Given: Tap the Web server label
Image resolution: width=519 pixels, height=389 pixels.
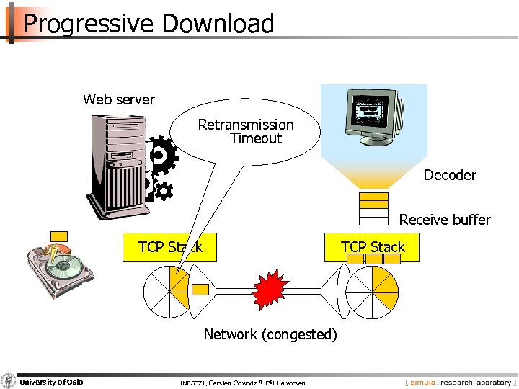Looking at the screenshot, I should pyautogui.click(x=118, y=99).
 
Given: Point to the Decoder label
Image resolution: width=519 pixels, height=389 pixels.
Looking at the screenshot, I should pyautogui.click(x=450, y=175).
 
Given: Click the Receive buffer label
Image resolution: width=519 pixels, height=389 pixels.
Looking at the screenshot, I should pyautogui.click(x=445, y=220).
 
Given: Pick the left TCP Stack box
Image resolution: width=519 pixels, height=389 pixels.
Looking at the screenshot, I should pyautogui.click(x=169, y=247).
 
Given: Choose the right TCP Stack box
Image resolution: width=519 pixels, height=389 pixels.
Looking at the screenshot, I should pyautogui.click(x=373, y=247).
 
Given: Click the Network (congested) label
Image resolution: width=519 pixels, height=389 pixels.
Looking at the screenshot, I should pyautogui.click(x=270, y=334).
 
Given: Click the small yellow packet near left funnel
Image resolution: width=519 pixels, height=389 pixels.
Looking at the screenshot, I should pyautogui.click(x=201, y=290).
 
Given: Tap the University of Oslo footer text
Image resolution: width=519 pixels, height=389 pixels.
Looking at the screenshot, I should pyautogui.click(x=50, y=381).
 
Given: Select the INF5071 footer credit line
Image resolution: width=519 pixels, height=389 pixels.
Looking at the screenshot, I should pyautogui.click(x=242, y=383).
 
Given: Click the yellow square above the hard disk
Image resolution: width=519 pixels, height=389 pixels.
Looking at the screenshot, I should pyautogui.click(x=59, y=237).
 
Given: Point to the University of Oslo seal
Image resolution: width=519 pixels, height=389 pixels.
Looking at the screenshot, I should pyautogui.click(x=8, y=381).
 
